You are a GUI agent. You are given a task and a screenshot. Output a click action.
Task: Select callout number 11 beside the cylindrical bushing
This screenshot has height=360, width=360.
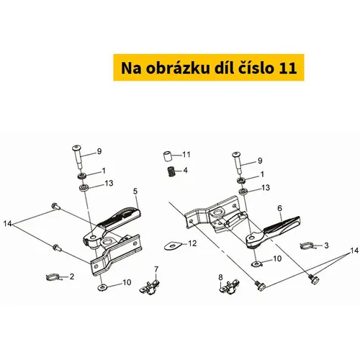point(186,154)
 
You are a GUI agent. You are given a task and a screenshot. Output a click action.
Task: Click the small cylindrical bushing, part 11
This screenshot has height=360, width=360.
point(168,156)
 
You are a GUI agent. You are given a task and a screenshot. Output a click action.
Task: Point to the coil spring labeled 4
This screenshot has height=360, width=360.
point(171,171)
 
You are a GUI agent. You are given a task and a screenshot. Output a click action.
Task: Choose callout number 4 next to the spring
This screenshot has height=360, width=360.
point(185,171)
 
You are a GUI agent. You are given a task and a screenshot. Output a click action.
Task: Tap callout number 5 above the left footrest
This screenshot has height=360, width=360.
point(135,192)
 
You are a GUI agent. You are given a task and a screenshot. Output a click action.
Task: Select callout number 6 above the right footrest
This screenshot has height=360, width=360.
point(279,208)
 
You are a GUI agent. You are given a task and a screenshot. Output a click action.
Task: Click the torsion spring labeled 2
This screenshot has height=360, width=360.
point(53,277)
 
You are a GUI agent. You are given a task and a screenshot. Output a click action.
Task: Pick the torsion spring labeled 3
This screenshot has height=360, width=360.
point(307,246)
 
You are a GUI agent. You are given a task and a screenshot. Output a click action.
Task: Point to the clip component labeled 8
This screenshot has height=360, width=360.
point(229,287)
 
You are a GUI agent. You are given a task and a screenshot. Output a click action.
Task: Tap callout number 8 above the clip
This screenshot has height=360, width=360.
point(220,277)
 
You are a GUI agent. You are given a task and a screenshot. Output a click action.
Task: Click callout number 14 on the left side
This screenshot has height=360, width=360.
point(7,224)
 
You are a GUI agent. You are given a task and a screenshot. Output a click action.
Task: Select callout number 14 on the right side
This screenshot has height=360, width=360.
point(354,251)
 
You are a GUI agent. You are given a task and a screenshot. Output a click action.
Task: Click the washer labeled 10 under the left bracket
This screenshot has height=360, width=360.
point(103,287)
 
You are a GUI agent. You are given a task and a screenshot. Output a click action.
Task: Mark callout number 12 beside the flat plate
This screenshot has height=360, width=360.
point(192,243)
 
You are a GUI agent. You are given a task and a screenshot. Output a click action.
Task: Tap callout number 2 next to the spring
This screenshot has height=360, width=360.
point(72,276)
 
